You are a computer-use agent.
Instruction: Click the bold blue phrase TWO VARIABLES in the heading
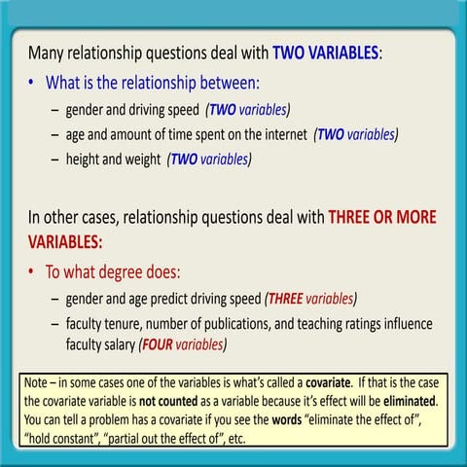tap(325, 53)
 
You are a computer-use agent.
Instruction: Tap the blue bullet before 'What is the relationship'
tap(33, 83)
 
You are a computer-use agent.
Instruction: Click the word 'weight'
tap(138, 160)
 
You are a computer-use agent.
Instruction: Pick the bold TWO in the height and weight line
tap(184, 160)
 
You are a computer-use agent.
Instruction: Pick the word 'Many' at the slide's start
tap(48, 53)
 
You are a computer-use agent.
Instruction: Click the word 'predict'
tap(170, 298)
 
